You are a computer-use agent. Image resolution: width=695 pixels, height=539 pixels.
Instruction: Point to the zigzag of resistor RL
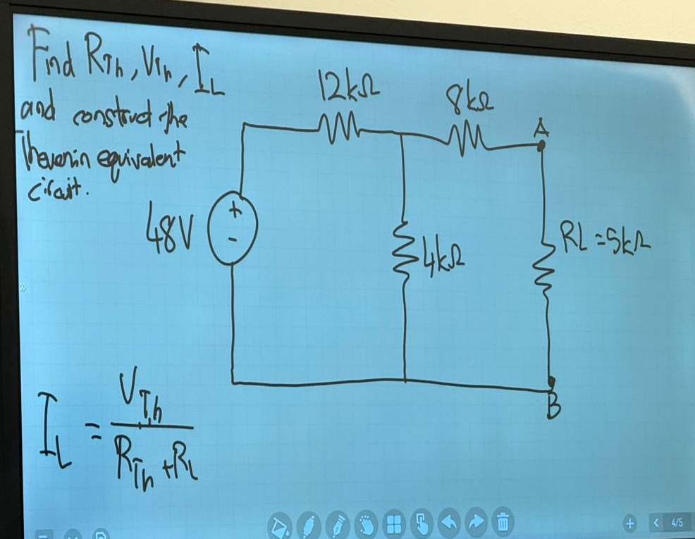point(546,260)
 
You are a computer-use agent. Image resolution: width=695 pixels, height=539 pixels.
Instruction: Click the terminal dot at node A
point(541,147)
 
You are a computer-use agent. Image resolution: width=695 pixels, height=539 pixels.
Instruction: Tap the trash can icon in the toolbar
point(503,523)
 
